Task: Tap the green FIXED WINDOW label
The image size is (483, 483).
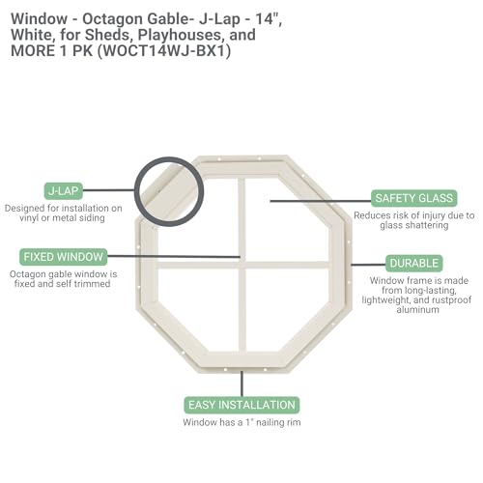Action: (x=63, y=257)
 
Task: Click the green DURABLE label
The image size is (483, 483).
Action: (x=414, y=263)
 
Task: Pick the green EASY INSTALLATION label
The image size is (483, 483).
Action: (x=241, y=405)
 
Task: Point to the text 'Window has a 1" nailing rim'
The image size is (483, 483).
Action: (x=241, y=422)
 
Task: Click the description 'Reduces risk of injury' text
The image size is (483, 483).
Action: (x=400, y=215)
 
